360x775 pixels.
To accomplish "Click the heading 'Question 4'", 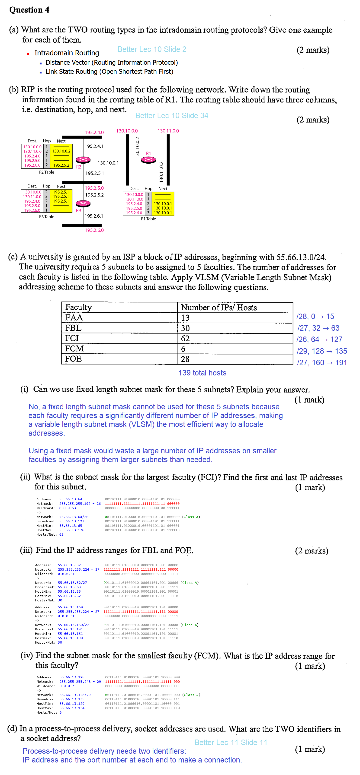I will point(29,10).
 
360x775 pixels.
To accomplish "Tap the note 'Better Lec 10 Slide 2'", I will point(152,49).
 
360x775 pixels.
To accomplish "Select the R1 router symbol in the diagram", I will point(148,159).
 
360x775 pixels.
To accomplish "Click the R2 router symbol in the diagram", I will point(83,159).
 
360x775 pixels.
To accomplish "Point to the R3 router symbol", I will point(83,203).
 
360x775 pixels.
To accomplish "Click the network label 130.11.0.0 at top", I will point(168,131).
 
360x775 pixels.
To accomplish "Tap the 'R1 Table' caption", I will point(148,219).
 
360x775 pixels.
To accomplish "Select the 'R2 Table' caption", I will point(47,172).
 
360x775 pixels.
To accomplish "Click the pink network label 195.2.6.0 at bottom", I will point(94,230).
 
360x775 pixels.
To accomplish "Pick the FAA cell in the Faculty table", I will point(74,318).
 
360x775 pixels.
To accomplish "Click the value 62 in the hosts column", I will point(185,338).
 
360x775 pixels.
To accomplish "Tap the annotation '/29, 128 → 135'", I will point(322,351).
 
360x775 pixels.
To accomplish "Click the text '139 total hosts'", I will point(202,373).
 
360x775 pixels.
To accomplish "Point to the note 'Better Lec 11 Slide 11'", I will point(231,743).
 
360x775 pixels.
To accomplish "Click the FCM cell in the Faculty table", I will point(74,349).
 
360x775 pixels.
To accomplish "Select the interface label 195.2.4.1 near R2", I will point(94,146).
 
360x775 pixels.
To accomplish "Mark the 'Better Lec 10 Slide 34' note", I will point(172,115).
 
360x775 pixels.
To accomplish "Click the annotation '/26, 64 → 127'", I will point(319,339).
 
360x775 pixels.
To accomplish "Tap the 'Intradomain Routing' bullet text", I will point(67,53).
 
